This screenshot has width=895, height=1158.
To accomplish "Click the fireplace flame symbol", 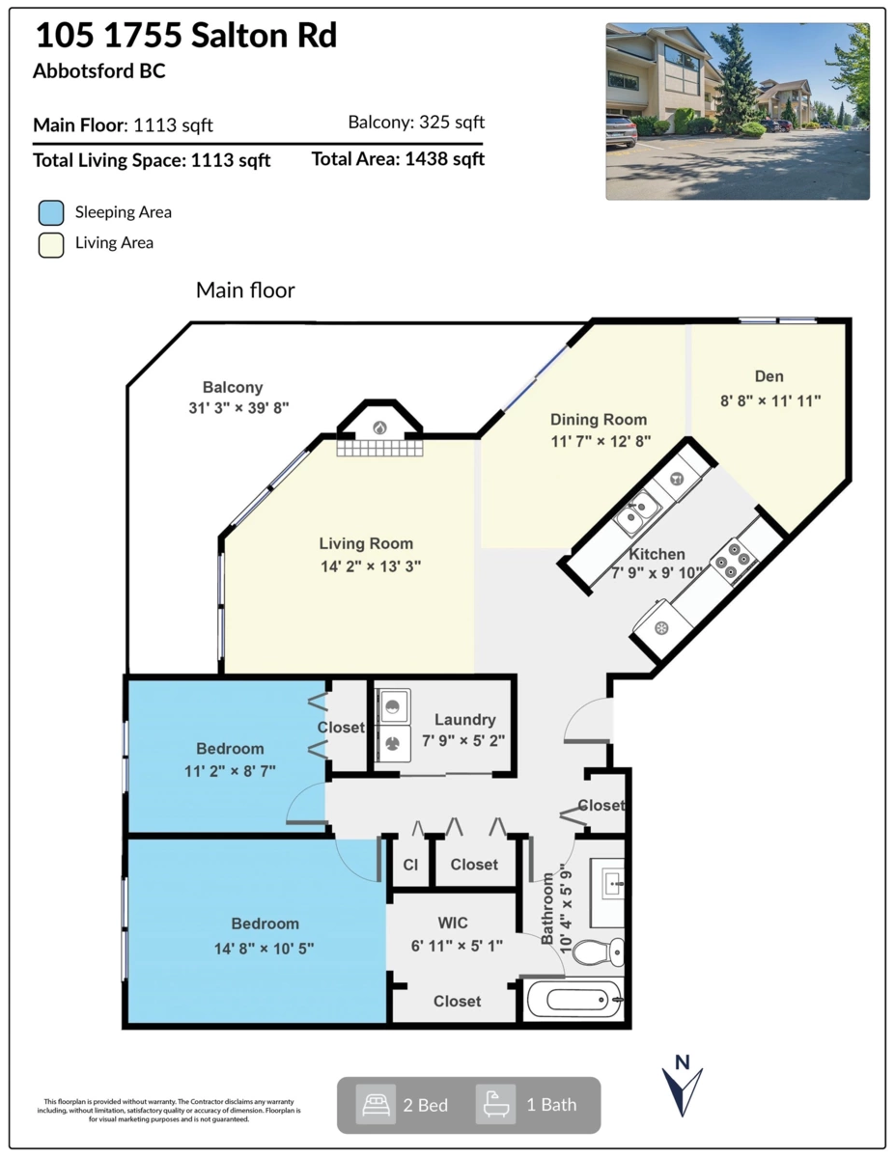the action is (x=379, y=427).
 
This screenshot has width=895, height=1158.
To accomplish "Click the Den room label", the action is (x=769, y=376).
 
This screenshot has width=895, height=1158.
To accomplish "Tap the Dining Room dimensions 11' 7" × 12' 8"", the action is (x=601, y=441).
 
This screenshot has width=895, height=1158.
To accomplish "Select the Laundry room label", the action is (x=464, y=720).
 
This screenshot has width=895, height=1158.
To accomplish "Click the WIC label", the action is (x=453, y=923).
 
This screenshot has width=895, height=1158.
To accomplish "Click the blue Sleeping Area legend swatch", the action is (x=51, y=212).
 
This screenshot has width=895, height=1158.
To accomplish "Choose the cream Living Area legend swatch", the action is (x=51, y=245).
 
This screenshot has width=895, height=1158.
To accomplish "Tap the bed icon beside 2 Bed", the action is (x=376, y=1105).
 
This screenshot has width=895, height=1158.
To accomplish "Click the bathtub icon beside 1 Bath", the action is (x=495, y=1105).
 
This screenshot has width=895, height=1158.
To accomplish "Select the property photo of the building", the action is (x=738, y=111).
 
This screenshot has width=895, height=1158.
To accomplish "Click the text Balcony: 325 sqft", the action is (x=416, y=122).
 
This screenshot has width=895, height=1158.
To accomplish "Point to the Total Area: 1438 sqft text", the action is (x=398, y=159).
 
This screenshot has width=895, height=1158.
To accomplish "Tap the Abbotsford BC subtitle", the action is (x=99, y=70).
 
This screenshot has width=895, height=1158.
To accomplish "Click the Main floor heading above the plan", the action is (x=245, y=290).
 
